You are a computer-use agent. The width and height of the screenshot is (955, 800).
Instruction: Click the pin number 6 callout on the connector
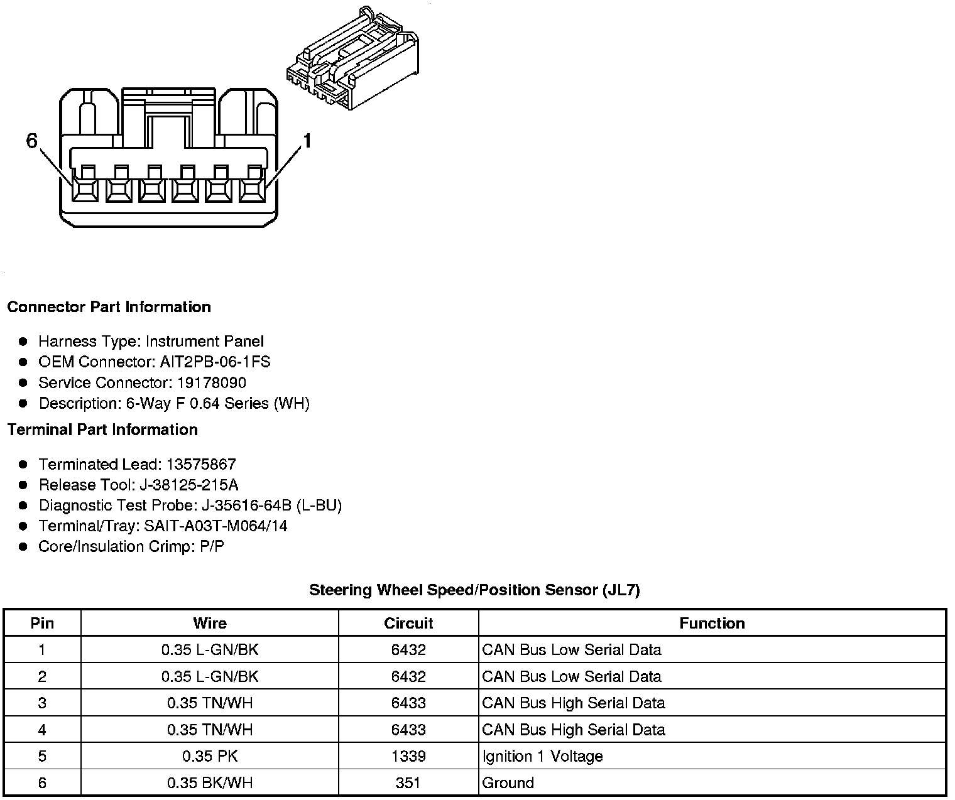click(x=32, y=141)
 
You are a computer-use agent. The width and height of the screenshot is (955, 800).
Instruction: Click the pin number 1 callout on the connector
click(x=307, y=141)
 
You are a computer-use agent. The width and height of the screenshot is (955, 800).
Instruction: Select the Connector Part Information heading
click(x=109, y=307)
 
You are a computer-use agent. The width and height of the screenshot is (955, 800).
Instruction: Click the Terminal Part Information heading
click(x=102, y=430)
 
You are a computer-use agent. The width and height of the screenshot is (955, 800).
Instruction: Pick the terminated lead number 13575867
click(x=201, y=465)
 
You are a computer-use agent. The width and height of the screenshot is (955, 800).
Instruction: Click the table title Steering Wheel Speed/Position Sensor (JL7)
click(x=474, y=590)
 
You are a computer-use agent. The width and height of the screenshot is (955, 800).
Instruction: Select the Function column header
click(x=712, y=624)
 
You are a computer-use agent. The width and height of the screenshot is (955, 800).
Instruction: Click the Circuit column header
click(x=408, y=624)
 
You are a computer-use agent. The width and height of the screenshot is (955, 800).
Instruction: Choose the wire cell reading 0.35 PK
click(x=210, y=757)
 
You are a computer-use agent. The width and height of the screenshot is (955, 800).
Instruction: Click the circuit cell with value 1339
click(x=408, y=757)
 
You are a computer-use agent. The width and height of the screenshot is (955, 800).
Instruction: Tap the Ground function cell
click(x=508, y=783)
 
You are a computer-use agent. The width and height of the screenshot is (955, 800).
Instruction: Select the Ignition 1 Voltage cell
click(x=542, y=757)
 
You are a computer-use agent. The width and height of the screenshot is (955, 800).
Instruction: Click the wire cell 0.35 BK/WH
click(x=210, y=783)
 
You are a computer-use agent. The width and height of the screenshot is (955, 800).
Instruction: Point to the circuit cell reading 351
click(x=408, y=783)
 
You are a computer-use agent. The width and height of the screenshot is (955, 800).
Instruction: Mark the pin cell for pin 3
click(x=42, y=703)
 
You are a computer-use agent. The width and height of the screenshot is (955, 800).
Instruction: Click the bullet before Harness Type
click(x=23, y=342)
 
